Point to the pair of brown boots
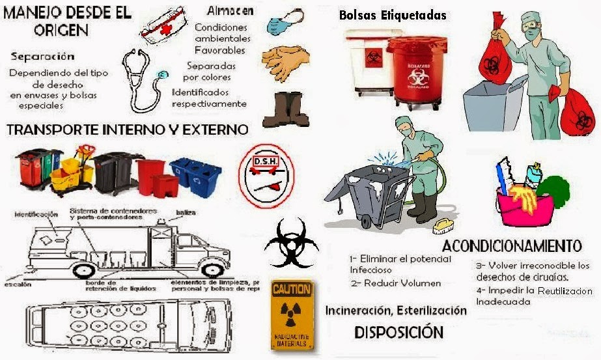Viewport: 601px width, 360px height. click(x=286, y=109)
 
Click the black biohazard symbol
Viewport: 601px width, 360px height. click(x=290, y=243)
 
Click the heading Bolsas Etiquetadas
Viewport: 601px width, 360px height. click(x=393, y=15)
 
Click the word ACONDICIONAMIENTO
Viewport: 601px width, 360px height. click(x=512, y=245)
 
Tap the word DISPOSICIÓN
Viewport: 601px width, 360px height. click(x=398, y=332)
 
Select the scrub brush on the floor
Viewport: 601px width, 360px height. click(x=443, y=226)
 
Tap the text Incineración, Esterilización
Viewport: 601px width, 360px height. click(x=396, y=311)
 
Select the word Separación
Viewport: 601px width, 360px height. click(x=42, y=56)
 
